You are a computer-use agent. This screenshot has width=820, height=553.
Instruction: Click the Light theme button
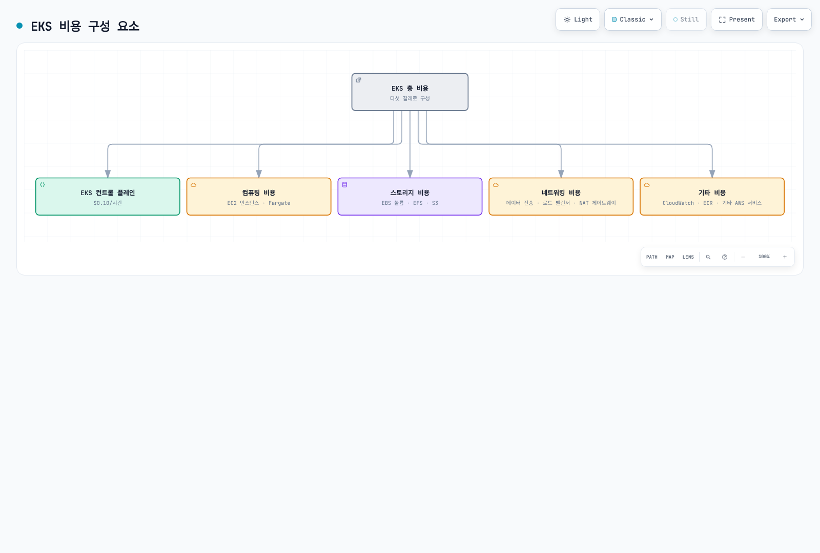point(578,19)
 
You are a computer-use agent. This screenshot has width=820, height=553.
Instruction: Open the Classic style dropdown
point(632,19)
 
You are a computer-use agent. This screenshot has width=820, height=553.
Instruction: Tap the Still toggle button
point(686,19)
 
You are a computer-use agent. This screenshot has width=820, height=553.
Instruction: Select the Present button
point(736,19)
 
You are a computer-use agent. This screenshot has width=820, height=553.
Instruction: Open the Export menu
point(789,19)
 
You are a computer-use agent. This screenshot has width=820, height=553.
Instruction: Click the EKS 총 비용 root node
point(409,92)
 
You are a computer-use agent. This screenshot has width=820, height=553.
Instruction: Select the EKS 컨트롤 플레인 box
point(108,197)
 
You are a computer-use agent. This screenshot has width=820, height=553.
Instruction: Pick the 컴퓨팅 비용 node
point(259,197)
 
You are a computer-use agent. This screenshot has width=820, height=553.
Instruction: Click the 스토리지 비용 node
point(409,197)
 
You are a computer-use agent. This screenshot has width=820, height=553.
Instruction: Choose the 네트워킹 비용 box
point(561,197)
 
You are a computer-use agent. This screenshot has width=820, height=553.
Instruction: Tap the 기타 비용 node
point(712,197)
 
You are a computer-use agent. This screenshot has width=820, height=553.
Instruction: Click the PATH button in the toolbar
point(651,257)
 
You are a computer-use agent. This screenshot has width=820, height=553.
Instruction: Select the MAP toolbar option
point(670,257)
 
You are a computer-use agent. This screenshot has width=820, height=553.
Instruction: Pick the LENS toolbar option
point(688,257)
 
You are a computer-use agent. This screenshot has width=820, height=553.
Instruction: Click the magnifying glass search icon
point(708,257)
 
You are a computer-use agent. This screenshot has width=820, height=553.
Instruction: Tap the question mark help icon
point(725,257)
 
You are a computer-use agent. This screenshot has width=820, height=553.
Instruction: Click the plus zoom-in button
point(785,257)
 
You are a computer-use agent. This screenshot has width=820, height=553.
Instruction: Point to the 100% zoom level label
point(764,257)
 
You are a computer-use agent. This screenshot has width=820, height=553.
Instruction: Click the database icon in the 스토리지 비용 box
point(344,185)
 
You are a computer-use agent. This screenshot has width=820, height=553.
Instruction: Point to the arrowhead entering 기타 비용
point(712,174)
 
